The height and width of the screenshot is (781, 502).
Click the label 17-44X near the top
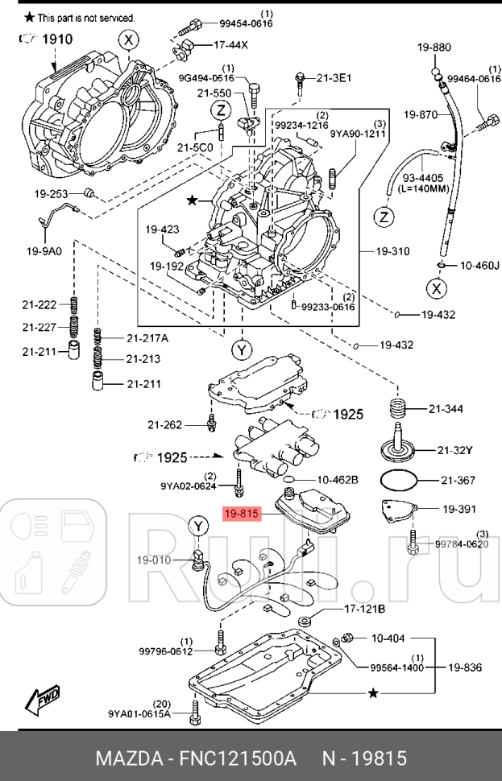(x=230, y=44)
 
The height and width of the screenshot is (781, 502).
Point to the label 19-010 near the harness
(x=153, y=559)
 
